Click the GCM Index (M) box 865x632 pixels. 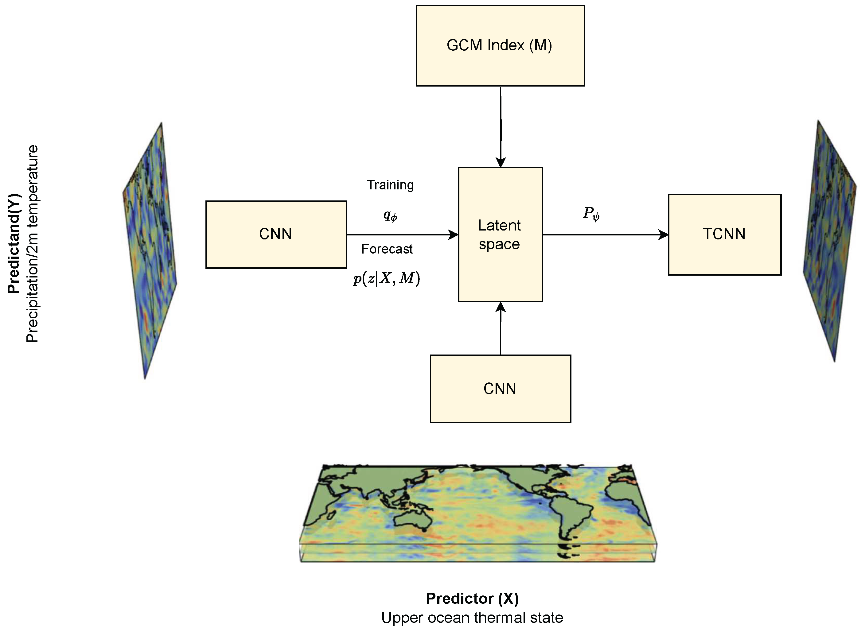500,45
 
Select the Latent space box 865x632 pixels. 500,235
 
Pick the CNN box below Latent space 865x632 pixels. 500,389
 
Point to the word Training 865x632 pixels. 390,185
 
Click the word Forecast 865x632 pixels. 387,249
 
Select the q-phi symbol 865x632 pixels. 390,216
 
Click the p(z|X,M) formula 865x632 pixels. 386,278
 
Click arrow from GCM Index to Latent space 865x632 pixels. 501,126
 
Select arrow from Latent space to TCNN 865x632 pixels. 605,235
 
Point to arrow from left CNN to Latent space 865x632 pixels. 402,235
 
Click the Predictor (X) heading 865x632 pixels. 472,599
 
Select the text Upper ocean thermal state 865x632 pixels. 472,618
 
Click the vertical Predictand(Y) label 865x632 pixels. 14,243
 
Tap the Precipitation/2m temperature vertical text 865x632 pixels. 32,243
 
